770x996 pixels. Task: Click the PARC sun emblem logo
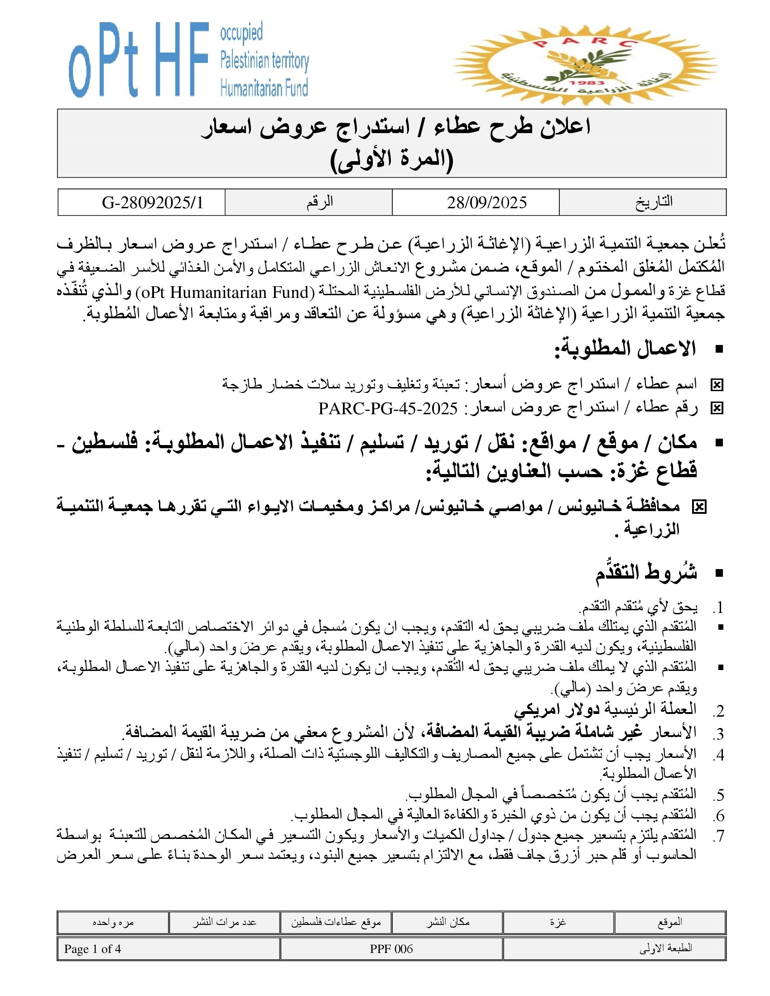pos(585,64)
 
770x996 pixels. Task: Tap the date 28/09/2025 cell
pos(486,202)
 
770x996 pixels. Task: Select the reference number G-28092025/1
pos(152,202)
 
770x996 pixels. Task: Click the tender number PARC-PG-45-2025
pos(388,409)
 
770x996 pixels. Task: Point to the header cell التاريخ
pos(654,202)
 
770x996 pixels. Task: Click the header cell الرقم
pos(319,202)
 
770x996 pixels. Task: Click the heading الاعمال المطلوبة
pos(625,349)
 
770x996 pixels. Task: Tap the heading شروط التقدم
pos(646,573)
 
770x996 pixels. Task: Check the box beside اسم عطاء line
pos(717,386)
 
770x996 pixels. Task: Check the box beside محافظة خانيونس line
pos(699,507)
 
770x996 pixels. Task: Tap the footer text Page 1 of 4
pos(92,949)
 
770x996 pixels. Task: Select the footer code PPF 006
pos(391,949)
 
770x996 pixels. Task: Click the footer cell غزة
pos(558,922)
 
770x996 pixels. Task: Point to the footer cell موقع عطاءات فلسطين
pos(336,922)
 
